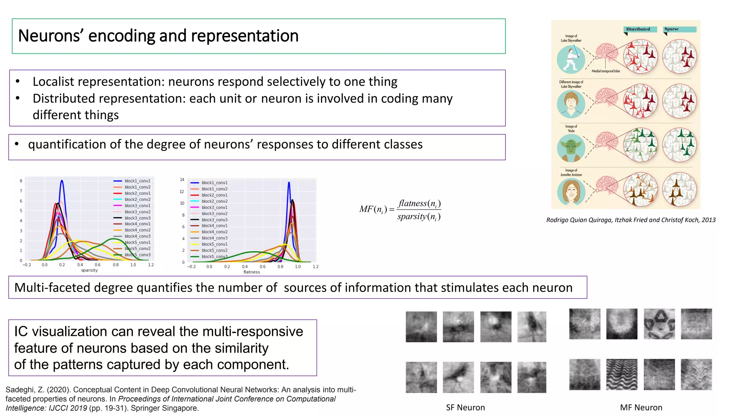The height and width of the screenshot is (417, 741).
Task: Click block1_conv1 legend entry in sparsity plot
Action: point(137,181)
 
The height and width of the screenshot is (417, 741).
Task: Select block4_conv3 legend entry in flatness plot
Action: point(214,238)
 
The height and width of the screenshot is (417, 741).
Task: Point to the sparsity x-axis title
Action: point(89,270)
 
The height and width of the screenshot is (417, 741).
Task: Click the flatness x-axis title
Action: point(251,272)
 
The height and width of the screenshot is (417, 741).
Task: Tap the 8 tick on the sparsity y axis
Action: point(21,181)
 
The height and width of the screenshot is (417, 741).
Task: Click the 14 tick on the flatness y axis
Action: point(182,180)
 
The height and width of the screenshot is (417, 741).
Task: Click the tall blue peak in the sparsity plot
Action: point(62,181)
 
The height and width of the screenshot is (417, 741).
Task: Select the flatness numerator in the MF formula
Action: point(419,204)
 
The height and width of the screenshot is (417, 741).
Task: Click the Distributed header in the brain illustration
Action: point(638,29)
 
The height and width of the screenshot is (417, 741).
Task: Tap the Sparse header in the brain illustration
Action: point(672,29)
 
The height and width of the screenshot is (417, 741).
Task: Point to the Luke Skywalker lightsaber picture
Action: point(571,58)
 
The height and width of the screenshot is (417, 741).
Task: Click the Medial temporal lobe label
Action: point(606,71)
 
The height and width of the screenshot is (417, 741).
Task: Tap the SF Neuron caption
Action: point(465,408)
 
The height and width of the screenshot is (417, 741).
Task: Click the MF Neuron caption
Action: point(641,408)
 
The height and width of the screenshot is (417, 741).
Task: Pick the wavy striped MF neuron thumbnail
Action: point(622,374)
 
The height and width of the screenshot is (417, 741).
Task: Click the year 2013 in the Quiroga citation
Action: point(708,220)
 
